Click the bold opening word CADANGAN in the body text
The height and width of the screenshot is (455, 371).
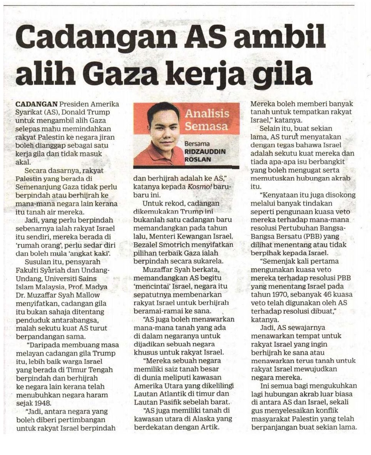(x=37, y=104)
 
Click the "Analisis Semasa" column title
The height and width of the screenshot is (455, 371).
(x=207, y=120)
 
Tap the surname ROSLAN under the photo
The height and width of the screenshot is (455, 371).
(x=198, y=159)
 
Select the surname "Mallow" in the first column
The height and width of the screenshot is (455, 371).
(x=88, y=295)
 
